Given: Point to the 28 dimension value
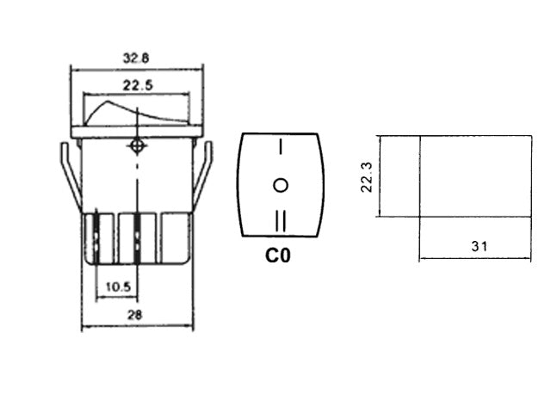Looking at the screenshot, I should (x=133, y=316).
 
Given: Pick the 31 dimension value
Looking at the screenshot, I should (x=480, y=247).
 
